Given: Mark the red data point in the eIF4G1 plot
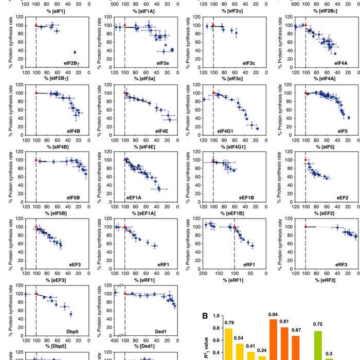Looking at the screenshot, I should [213, 93].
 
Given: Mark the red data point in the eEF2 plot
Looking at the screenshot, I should [305, 160].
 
